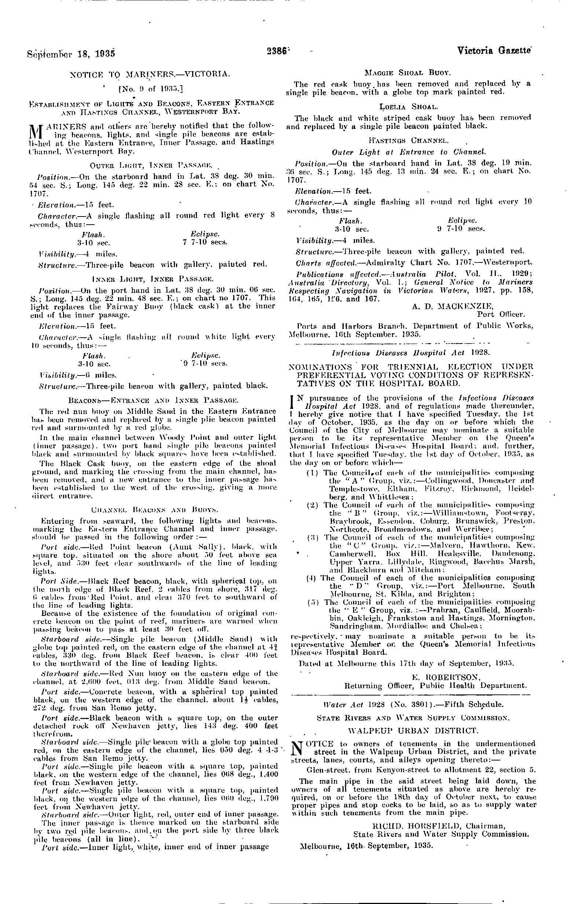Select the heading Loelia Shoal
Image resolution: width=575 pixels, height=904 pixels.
409,106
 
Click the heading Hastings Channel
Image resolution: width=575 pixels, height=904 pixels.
409,141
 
